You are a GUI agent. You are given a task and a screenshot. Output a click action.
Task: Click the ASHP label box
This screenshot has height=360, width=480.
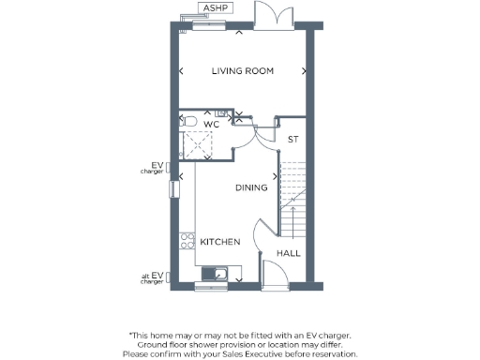(217, 8)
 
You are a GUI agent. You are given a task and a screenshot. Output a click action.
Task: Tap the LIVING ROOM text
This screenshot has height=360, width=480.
(242, 71)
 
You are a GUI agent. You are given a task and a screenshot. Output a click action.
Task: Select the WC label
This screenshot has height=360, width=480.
(211, 124)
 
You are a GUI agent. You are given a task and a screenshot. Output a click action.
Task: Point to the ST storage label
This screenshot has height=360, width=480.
(292, 140)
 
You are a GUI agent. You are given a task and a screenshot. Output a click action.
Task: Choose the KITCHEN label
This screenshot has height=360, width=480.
(220, 242)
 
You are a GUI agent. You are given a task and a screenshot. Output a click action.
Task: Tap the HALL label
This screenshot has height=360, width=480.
(287, 253)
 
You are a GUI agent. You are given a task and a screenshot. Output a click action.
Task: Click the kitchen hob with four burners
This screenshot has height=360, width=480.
(186, 242)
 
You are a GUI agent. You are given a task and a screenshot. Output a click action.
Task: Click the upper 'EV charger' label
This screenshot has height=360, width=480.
(152, 169)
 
